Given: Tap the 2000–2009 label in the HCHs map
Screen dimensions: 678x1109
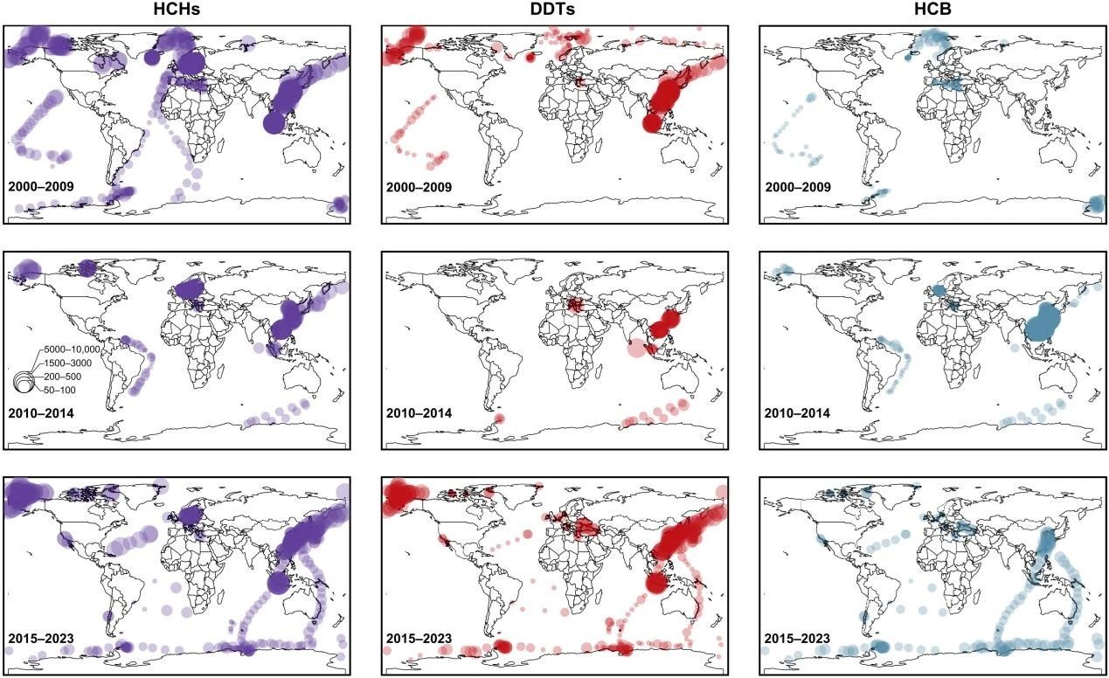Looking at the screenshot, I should point(41,186).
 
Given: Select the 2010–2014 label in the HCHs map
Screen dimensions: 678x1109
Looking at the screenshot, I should point(41,412).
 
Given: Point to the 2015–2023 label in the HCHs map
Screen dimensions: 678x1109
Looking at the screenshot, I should point(41,639).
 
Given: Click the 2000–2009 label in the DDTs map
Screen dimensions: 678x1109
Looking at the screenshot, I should point(419,186).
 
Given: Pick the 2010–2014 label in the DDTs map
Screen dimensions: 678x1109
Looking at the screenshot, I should point(419,412).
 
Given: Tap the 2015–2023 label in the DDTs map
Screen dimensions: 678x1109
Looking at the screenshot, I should point(419,639).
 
